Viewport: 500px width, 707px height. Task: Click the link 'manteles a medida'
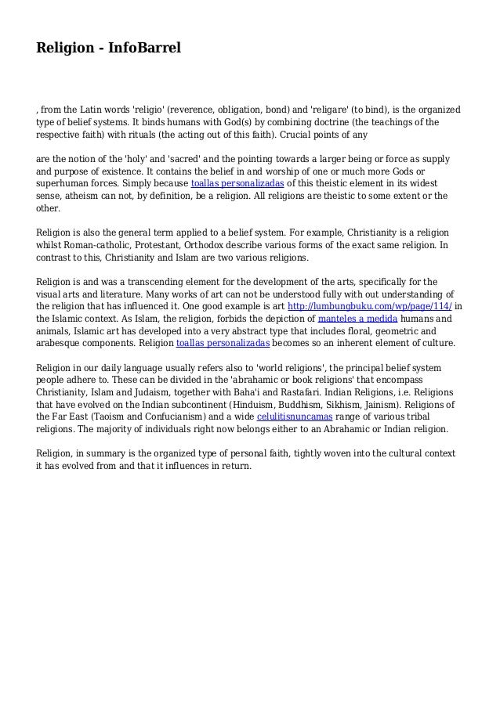tap(357, 319)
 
